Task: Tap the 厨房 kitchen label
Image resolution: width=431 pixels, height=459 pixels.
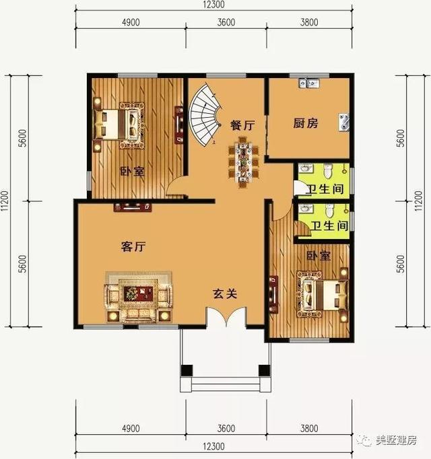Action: pos(306,124)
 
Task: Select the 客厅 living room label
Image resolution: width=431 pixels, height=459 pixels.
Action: pos(133,247)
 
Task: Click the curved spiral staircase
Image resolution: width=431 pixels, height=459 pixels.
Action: pos(206,114)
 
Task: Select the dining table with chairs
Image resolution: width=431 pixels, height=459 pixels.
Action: pos(243,161)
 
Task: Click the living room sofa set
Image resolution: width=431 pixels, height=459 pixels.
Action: pos(138,297)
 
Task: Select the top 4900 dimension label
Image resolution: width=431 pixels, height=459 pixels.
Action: pos(130,22)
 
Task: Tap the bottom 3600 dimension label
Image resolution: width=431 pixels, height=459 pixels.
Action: pos(226,429)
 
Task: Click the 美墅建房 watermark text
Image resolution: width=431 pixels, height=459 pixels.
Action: pos(397,441)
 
